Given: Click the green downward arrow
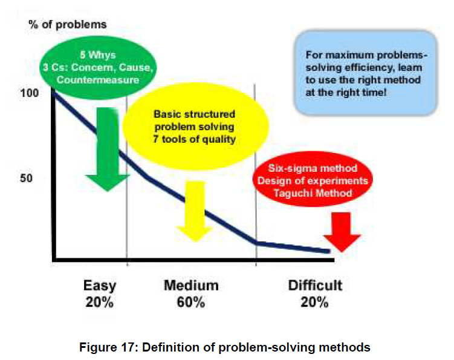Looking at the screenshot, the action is tap(108, 149).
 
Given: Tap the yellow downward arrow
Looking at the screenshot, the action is tap(195, 211).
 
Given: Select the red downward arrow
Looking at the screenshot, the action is tap(342, 232).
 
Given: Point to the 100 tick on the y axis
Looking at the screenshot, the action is tap(29, 93).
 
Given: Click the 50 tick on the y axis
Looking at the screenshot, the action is tap(26, 178).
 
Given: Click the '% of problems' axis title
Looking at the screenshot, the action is tap(68, 25).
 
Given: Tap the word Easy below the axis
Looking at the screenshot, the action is tap(100, 286).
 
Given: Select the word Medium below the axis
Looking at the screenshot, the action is tap(191, 285).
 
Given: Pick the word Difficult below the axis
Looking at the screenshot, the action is tap(315, 285).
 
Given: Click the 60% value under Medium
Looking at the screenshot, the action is tap(191, 302).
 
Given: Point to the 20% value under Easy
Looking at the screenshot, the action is tap(99, 302).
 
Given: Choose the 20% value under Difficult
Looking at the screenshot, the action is tap(314, 302).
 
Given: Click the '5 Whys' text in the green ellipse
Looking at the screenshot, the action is tap(98, 55).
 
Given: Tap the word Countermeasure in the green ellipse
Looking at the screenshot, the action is tap(98, 80).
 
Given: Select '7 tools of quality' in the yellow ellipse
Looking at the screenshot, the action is tap(194, 139).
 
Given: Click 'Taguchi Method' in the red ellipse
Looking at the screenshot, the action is tap(313, 193).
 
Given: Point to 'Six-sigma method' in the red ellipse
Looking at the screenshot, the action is tap(313, 168).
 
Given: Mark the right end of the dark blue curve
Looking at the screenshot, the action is tap(329, 251).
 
